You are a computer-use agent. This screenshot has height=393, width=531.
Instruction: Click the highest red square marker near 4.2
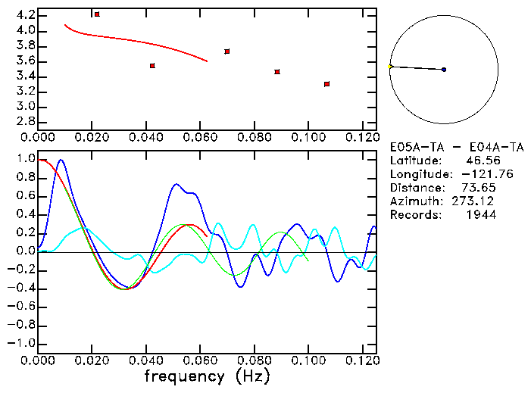tap(97, 14)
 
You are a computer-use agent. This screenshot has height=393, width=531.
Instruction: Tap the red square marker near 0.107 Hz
tap(326, 84)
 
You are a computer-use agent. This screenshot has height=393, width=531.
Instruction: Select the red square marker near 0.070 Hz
tap(227, 51)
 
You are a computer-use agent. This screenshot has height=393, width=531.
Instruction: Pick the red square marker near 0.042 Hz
tap(152, 66)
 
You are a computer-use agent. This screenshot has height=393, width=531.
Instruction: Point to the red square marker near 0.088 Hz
tap(277, 72)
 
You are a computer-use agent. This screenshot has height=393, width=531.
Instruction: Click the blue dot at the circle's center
tap(444, 70)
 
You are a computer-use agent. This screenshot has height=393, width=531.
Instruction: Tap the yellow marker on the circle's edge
tap(390, 67)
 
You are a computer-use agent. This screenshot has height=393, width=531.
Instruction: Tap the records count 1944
tap(482, 215)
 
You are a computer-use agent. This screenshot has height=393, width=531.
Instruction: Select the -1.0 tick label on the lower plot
tap(23, 343)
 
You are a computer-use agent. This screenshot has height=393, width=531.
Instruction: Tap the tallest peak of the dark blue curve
tap(61, 160)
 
